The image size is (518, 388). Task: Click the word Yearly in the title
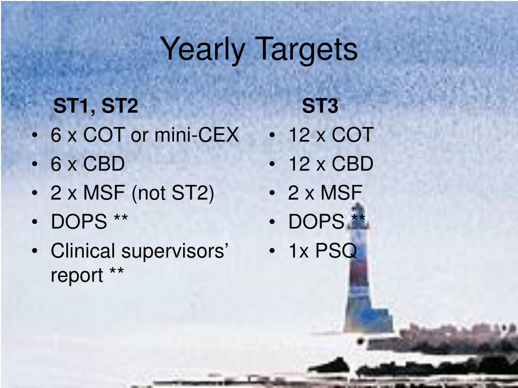202,50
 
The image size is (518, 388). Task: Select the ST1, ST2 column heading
96,106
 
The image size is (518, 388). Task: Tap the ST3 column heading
320,106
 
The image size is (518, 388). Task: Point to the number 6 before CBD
56,164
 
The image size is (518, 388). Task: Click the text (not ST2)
173,193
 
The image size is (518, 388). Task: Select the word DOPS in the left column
79,221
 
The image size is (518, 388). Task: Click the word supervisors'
174,252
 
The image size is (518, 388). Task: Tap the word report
77,275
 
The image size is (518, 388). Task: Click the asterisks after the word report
117,271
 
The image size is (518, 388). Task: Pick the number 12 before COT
299,135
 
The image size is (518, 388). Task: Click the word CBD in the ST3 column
352,164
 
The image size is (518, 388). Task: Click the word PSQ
336,251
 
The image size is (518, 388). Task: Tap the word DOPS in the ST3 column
317,221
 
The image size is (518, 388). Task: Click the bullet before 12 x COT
272,135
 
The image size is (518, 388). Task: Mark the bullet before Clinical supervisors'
35,251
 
